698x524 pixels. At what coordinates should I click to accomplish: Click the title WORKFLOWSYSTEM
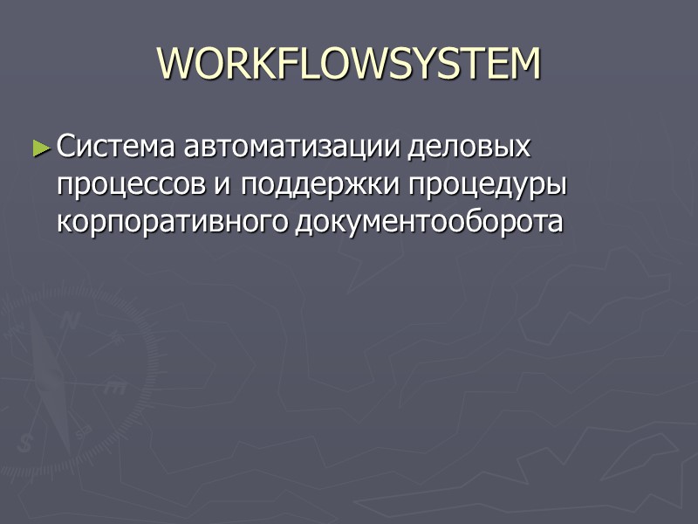click(349, 64)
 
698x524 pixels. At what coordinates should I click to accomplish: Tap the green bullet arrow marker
click(42, 148)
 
